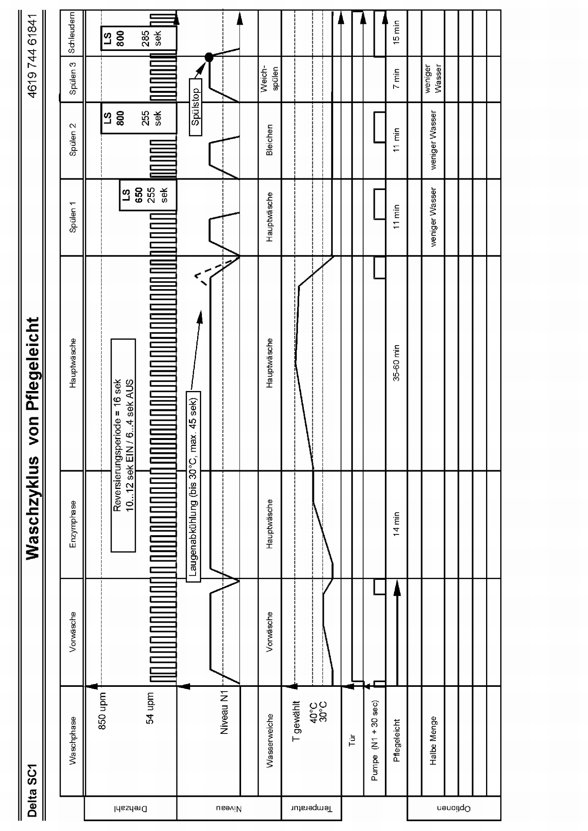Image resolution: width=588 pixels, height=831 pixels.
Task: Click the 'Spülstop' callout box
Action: (195, 107)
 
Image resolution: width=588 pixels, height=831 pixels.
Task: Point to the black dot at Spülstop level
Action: (209, 57)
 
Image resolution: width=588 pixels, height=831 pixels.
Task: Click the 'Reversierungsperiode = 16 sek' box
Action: (123, 445)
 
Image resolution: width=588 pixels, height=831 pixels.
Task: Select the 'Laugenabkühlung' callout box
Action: (193, 486)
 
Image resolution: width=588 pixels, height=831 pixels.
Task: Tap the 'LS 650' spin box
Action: (148, 195)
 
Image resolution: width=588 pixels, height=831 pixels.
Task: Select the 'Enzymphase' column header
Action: (73, 524)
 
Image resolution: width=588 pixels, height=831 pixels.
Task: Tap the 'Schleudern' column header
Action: (72, 34)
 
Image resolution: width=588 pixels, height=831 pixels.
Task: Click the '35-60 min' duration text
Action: (396, 363)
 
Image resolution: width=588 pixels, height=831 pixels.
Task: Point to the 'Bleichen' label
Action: (269, 140)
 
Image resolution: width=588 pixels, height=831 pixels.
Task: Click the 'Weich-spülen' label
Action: (269, 78)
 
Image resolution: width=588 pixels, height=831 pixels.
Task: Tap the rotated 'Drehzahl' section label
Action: (131, 808)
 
